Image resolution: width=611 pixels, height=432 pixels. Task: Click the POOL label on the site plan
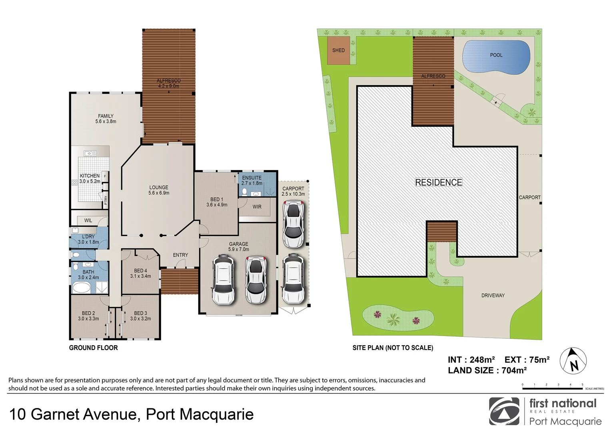[x=496, y=55]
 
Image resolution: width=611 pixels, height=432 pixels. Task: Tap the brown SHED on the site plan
[x=338, y=50]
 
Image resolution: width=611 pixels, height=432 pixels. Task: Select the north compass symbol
[x=573, y=361]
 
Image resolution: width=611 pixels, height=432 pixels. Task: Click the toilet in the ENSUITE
[x=244, y=192]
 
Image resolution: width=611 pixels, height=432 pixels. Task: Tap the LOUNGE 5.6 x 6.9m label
[x=159, y=190]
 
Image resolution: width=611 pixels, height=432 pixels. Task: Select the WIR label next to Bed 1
[x=257, y=207]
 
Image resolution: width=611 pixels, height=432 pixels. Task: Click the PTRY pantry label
[x=106, y=200]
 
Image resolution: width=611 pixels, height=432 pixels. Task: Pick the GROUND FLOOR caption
[x=93, y=348]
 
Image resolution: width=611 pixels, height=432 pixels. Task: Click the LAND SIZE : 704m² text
[x=487, y=370]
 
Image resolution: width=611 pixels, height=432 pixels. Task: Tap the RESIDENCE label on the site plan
[x=438, y=182]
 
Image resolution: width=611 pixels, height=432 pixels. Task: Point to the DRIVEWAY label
[x=493, y=296]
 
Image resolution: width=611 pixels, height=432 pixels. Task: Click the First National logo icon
[x=504, y=412]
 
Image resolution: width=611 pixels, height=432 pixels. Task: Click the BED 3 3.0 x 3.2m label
[x=140, y=316]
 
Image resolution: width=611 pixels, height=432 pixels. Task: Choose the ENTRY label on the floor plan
[x=180, y=255]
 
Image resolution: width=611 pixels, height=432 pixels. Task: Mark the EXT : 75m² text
[x=527, y=360]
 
